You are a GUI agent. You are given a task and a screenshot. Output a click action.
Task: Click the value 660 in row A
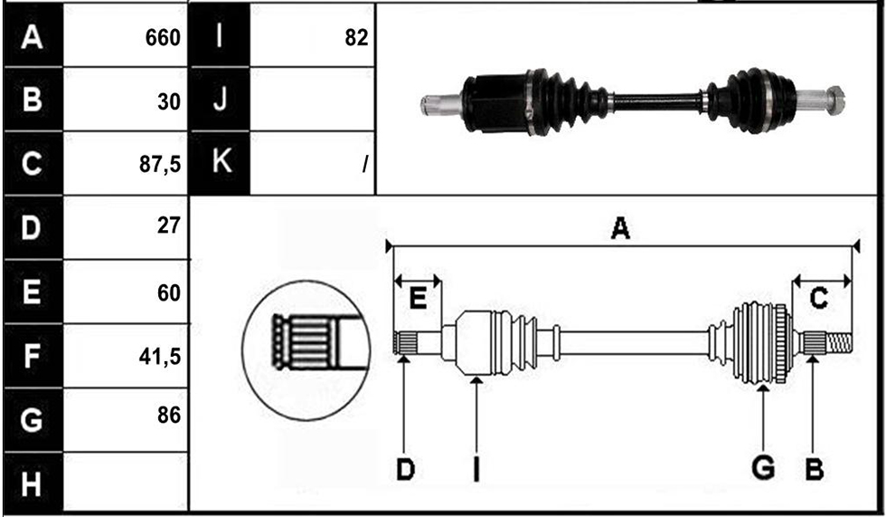pos(163,38)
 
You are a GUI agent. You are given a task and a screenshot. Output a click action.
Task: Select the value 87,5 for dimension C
pos(160,164)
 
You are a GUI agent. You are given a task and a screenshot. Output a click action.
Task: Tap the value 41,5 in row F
pos(160,357)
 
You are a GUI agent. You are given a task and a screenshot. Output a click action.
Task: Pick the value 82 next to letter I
pos(356,38)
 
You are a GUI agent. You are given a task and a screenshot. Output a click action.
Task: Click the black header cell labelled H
pos(33,484)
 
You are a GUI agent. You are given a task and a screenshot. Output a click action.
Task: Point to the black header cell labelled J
pos(220,100)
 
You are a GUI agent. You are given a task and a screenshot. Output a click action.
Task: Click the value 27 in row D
pos(168,225)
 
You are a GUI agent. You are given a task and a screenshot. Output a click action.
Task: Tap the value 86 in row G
pos(169,416)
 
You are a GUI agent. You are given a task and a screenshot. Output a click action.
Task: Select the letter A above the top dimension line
pos(620,229)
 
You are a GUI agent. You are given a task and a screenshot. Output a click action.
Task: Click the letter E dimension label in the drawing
pos(418,298)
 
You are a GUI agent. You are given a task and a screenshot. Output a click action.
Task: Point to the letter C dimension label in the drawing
pos(819,298)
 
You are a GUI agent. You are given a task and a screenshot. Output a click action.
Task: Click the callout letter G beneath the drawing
pos(763,468)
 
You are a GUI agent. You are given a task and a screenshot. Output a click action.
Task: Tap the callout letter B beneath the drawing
pos(814,469)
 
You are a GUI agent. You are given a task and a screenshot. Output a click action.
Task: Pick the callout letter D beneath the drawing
pos(405,470)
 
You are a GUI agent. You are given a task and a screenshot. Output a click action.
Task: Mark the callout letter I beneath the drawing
pos(476,470)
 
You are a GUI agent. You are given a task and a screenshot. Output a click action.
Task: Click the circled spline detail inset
pos(306,350)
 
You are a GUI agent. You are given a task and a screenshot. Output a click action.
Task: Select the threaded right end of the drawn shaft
pos(839,343)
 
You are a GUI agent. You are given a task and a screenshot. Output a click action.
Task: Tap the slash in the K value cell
pos(365,165)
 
